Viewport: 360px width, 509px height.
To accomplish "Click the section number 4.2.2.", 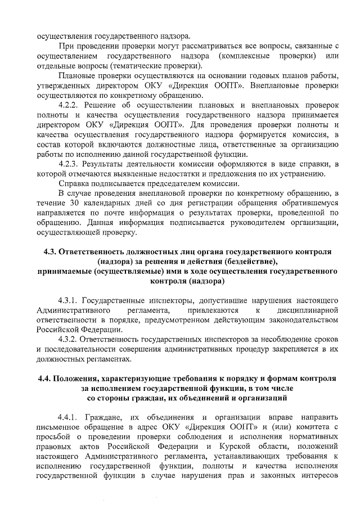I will click(x=70, y=105).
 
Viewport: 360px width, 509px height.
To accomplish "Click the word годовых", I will click(x=264, y=76).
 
